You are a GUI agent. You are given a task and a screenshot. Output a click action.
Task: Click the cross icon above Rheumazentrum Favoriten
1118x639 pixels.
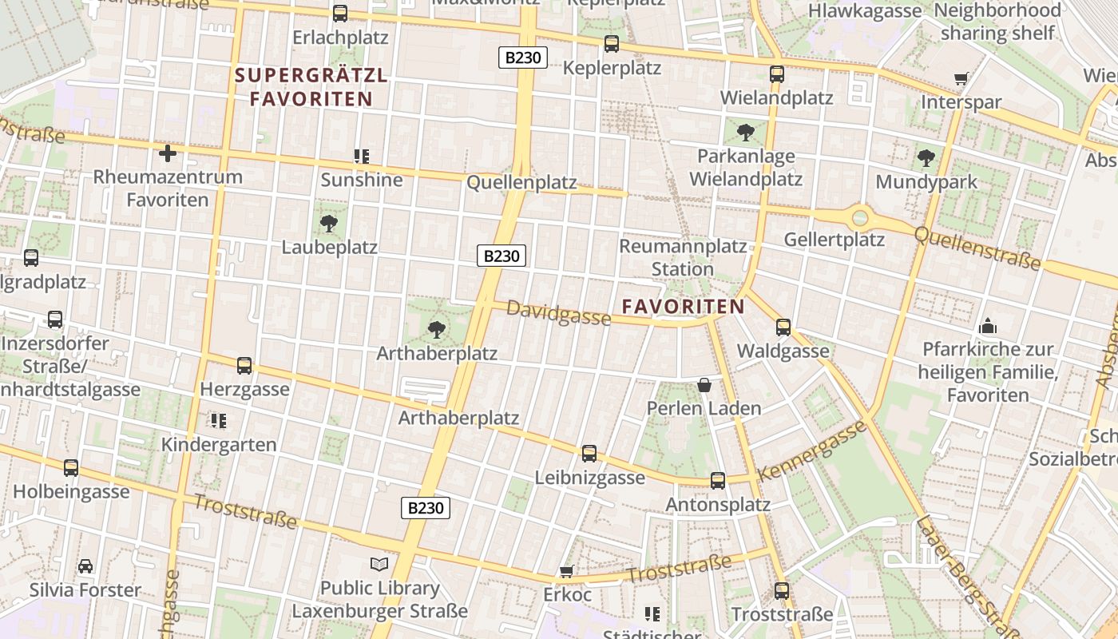(x=168, y=153)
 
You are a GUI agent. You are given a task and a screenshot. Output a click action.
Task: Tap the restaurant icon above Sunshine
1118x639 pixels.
(x=361, y=156)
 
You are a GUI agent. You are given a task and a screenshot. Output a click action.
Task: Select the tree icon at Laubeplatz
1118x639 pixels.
(x=328, y=223)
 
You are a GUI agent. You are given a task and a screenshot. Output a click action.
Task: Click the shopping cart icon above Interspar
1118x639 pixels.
(x=961, y=79)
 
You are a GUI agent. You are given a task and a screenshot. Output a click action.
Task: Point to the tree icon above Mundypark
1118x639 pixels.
(x=926, y=158)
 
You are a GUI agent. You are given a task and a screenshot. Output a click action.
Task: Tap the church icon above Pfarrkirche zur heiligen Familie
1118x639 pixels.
(x=988, y=326)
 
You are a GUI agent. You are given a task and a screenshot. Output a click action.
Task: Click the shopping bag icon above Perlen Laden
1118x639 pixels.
(x=704, y=385)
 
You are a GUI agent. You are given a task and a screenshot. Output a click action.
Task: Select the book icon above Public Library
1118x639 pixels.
(x=379, y=565)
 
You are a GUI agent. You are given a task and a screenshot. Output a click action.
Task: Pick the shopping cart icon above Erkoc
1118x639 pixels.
(x=567, y=571)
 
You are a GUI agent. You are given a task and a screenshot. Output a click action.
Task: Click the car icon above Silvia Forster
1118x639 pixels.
(x=85, y=566)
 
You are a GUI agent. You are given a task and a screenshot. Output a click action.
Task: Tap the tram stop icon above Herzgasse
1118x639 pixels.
(x=244, y=366)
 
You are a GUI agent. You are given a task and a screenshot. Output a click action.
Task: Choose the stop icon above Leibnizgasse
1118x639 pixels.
(x=589, y=454)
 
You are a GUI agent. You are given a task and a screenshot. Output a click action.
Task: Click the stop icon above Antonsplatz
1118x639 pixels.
(x=718, y=480)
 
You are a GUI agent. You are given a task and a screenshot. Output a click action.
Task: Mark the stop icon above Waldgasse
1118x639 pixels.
(x=783, y=327)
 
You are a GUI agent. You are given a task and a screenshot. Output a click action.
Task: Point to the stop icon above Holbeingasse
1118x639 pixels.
(x=71, y=467)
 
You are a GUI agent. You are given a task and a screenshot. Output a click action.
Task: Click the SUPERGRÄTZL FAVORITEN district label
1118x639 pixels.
(x=311, y=88)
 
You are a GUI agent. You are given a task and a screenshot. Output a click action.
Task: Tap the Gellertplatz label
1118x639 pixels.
(x=834, y=240)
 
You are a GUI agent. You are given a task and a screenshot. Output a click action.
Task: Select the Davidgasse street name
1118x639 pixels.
(x=559, y=313)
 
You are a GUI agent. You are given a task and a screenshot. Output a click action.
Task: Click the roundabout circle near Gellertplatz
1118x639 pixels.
(x=860, y=216)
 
